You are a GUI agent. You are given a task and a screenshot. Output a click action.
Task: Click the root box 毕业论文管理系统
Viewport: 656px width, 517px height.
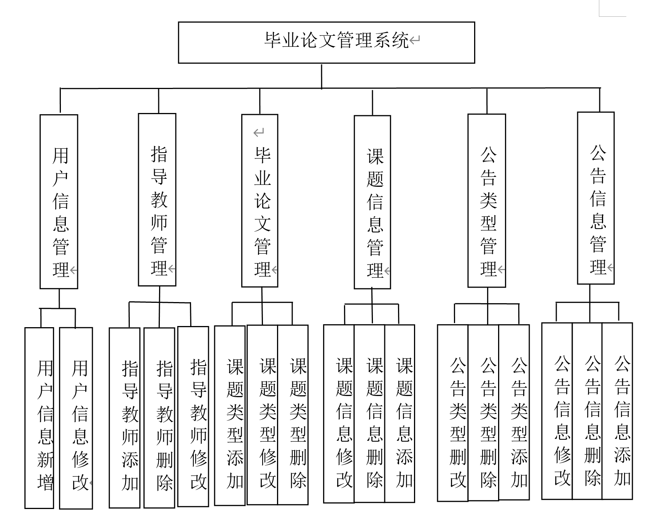(326, 42)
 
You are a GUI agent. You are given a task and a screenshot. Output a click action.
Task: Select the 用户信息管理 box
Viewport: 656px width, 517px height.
(59, 202)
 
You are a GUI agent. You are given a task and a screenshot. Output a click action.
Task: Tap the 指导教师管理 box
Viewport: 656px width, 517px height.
(157, 200)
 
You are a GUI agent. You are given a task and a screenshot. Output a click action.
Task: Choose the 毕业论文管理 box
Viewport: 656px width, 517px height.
(260, 201)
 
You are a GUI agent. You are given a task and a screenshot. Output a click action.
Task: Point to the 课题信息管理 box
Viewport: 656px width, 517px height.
(373, 202)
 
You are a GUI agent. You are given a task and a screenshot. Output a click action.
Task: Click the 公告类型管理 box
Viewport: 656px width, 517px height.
(487, 200)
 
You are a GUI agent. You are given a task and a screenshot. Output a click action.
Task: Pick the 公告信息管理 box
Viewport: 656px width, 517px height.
(596, 198)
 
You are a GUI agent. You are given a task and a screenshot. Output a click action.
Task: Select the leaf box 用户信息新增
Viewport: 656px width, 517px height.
(39, 418)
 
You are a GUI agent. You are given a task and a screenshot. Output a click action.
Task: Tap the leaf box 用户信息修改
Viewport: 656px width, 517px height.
(76, 418)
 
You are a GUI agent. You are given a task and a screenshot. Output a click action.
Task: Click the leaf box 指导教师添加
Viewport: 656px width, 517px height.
(125, 418)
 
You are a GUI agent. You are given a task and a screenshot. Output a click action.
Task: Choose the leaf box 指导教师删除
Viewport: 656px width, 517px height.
(159, 418)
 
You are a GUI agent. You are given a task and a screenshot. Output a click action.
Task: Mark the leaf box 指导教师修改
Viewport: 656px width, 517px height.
(193, 416)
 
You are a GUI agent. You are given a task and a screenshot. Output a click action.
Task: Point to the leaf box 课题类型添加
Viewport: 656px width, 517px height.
(230, 415)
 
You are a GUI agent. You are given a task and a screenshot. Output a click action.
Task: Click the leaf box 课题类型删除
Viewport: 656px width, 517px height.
(293, 415)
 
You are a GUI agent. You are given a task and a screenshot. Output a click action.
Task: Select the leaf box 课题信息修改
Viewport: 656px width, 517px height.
(339, 414)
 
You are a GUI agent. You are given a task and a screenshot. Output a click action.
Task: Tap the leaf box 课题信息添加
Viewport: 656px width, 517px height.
(400, 414)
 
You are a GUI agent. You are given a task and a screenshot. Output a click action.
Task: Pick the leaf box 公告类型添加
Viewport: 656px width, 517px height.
(514, 412)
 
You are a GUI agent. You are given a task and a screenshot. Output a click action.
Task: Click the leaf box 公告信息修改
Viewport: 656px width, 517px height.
(557, 411)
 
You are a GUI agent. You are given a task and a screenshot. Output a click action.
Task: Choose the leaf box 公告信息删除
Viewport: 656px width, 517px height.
(587, 411)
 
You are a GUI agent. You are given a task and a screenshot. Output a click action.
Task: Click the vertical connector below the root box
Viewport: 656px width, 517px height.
(322, 76)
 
